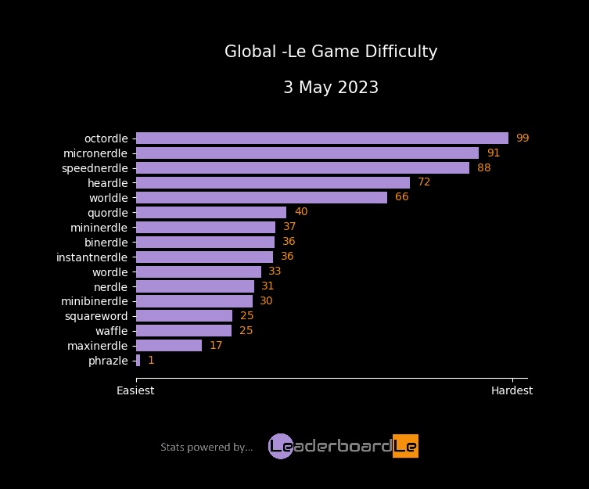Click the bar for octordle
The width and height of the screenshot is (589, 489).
321,138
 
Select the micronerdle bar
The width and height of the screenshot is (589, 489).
307,153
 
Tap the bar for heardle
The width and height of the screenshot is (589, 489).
272,182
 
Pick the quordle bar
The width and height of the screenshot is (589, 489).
211,212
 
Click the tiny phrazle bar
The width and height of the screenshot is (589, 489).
138,361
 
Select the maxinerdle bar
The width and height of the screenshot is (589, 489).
169,346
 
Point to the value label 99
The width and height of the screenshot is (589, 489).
523,138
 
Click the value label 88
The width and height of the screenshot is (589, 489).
483,168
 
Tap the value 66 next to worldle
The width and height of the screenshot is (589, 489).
401,197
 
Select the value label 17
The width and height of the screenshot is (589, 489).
216,346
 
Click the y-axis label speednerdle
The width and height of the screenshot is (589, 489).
95,168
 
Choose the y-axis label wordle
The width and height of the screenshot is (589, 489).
110,272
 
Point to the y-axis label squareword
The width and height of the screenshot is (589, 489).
96,316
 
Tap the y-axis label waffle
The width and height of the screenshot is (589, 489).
111,331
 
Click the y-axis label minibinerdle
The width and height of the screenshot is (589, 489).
95,301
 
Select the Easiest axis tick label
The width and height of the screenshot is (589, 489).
135,390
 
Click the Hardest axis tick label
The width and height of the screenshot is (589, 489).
512,390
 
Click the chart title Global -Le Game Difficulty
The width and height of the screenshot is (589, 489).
331,52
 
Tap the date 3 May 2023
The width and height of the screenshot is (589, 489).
331,88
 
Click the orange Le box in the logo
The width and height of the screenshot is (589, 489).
405,446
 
